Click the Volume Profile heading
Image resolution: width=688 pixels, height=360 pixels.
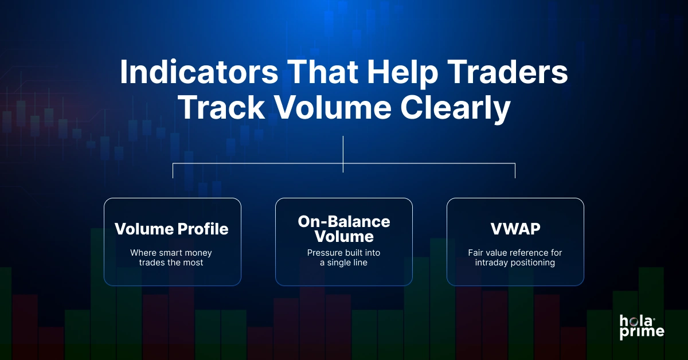point(171,229)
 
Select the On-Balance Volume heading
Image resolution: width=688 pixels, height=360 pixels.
point(343,229)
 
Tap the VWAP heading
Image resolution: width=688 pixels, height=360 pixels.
point(515,229)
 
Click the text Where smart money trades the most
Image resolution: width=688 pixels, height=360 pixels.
point(171,257)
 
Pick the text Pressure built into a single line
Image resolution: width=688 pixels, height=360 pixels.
point(343,257)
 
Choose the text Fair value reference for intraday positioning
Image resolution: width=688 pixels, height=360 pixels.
point(515,257)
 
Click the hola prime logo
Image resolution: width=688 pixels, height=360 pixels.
point(642,326)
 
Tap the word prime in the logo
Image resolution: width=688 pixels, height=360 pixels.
point(642,332)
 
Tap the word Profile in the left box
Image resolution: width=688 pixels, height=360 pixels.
point(200,229)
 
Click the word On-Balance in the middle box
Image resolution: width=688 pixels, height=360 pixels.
point(343,222)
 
